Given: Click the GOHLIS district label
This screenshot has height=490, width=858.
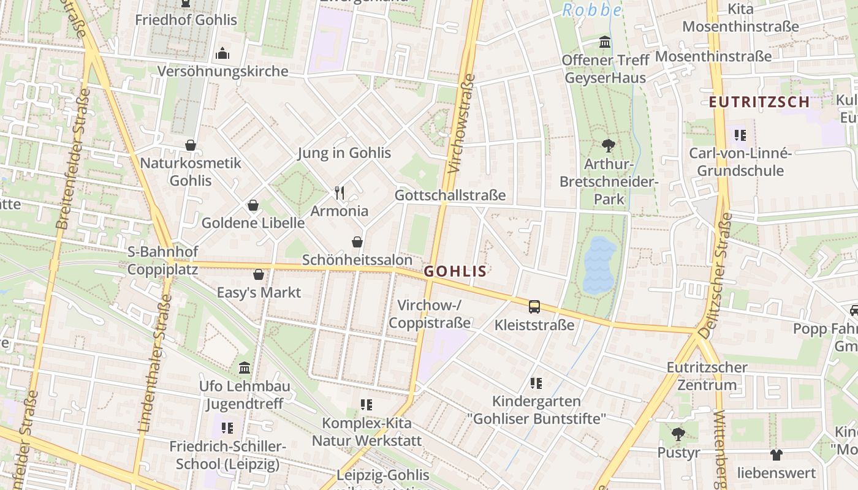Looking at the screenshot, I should (455, 271).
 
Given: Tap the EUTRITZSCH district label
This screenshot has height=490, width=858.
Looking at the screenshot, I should (759, 102).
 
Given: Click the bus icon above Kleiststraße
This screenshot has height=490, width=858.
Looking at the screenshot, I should (534, 306).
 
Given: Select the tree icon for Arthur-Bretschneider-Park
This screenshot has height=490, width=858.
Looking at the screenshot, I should (608, 146).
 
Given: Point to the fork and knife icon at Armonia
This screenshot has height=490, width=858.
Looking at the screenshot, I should (340, 193).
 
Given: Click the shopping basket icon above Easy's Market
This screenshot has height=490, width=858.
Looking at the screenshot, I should (259, 274).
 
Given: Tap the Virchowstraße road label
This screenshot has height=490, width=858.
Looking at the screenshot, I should (461, 124).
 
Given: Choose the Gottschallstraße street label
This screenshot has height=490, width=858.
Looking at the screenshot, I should (450, 195).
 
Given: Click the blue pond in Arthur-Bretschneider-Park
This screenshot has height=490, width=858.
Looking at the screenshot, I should (599, 265).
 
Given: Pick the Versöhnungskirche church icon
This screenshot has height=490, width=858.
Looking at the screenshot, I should (222, 53).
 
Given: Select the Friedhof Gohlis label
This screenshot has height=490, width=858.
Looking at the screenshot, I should (186, 20).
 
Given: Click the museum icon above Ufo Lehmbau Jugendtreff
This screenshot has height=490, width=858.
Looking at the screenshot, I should (245, 368).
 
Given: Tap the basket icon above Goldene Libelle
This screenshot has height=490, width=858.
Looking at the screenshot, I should (252, 205).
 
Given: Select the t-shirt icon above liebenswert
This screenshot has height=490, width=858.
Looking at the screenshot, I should (776, 455).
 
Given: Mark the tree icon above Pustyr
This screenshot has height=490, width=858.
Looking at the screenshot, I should (678, 434).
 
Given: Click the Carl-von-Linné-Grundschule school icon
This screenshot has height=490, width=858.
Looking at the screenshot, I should (740, 135).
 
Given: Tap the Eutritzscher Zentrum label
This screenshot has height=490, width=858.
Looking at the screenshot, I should (707, 376).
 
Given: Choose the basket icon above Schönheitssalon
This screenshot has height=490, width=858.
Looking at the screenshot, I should (357, 243).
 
